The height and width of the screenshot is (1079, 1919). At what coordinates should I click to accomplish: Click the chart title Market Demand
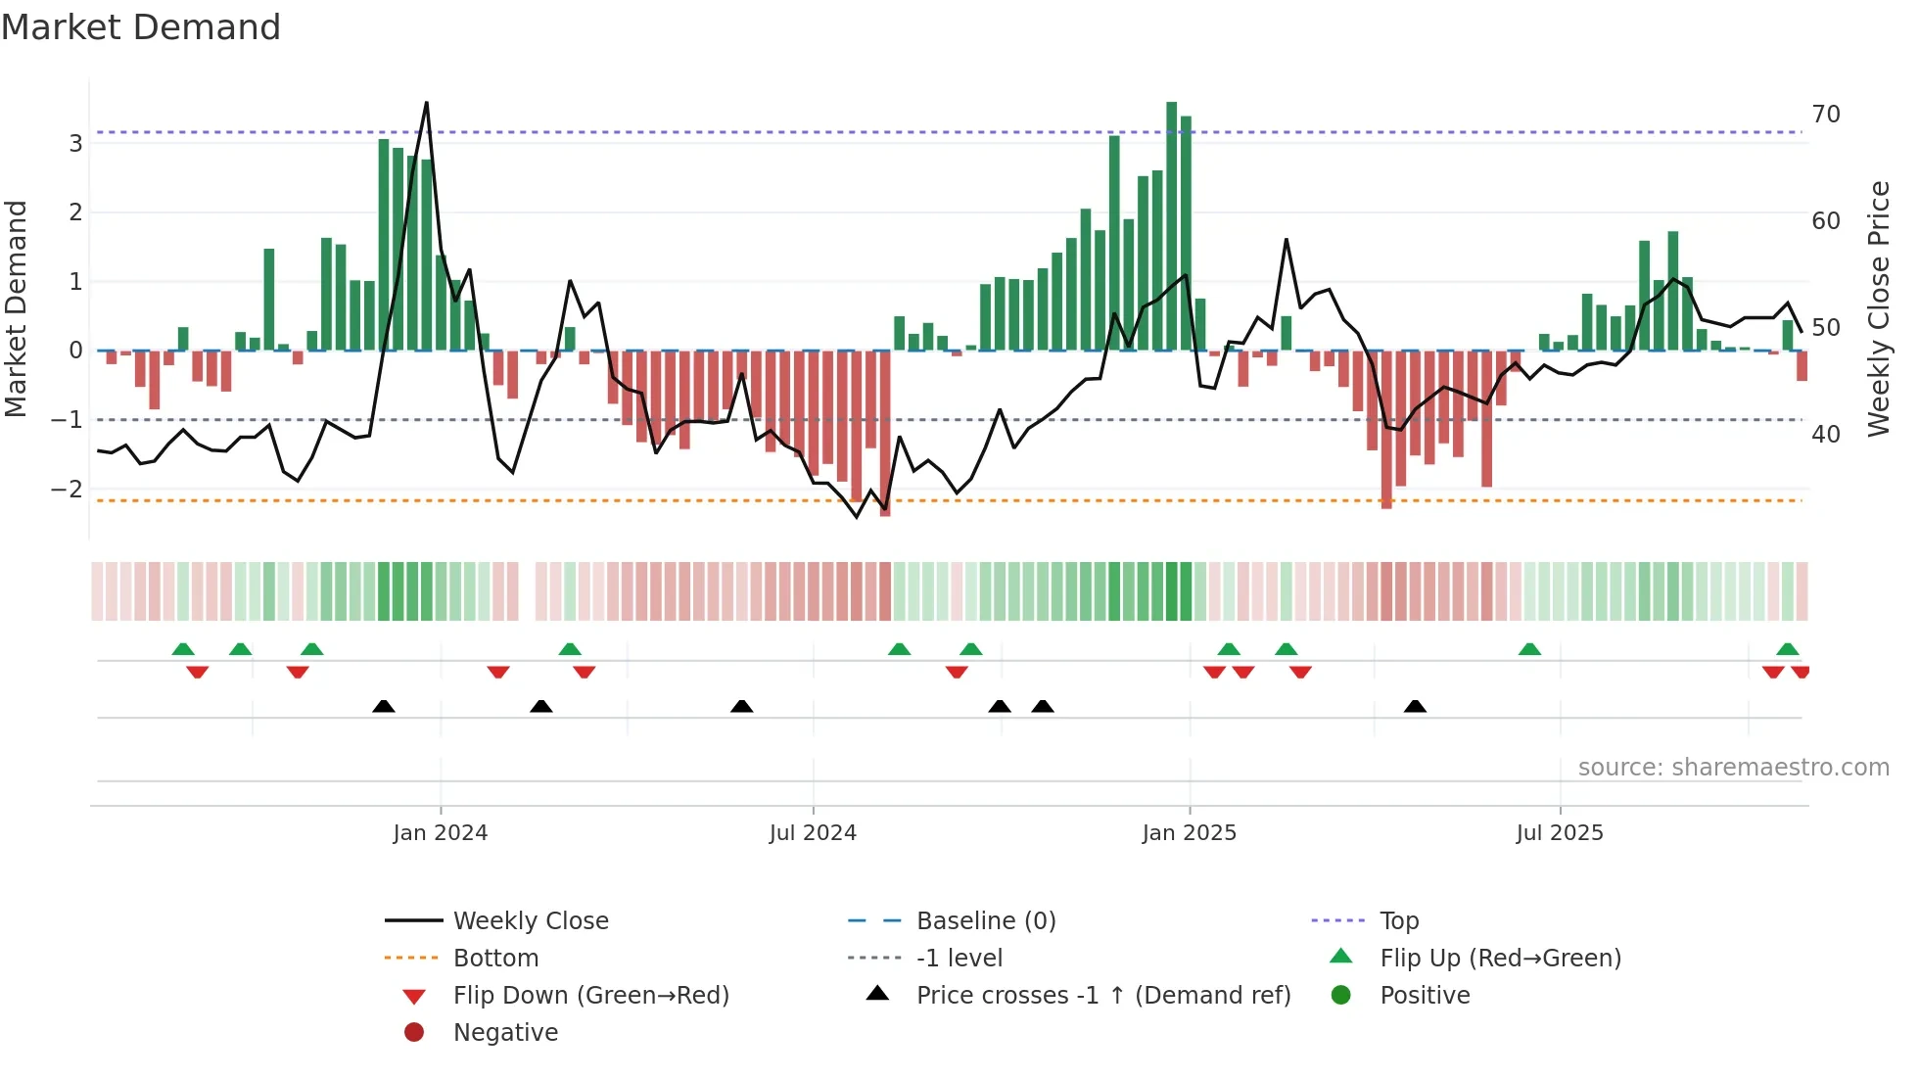tap(141, 27)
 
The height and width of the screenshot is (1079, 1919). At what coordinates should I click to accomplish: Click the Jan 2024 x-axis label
tap(440, 833)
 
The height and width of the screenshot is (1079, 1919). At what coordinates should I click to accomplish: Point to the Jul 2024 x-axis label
tap(813, 833)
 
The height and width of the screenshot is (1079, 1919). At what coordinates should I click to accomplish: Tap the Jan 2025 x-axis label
tap(1189, 833)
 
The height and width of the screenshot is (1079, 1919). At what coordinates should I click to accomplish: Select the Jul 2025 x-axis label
tap(1559, 833)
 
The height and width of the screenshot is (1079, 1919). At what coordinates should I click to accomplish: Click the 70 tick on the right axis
tap(1825, 115)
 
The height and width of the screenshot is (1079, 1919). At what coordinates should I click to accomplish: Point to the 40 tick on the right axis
tap(1825, 434)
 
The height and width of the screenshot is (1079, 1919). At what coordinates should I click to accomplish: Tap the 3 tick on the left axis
tap(75, 144)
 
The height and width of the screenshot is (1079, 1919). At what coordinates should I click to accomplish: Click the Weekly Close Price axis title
tap(1878, 308)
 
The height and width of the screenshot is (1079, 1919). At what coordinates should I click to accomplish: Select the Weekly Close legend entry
tap(530, 921)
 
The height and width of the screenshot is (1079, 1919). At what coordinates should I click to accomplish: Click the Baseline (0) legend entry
tap(985, 921)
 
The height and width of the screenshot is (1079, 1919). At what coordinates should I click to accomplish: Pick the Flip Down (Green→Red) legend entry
tap(590, 996)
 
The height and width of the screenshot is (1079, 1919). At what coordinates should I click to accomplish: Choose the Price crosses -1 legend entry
tap(1102, 996)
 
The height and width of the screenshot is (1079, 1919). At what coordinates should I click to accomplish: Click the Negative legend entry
tap(505, 1033)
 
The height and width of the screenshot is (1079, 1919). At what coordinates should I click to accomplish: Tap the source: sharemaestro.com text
tap(1733, 768)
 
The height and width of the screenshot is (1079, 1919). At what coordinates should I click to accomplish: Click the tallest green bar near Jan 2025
tap(1171, 225)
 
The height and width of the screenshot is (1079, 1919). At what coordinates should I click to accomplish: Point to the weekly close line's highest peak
tap(426, 103)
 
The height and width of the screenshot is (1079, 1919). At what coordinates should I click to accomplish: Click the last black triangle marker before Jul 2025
tap(1415, 706)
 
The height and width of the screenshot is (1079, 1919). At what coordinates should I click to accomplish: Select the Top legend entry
tap(1398, 921)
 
